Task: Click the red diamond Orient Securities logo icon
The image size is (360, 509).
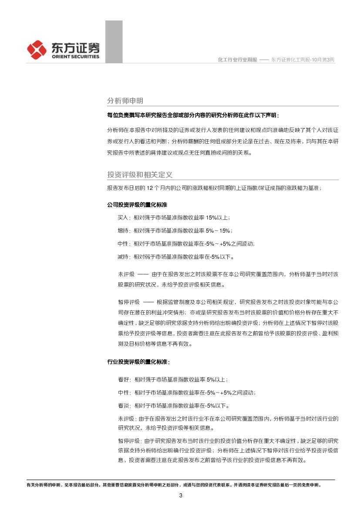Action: tap(37, 49)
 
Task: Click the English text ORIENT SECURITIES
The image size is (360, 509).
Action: tap(75, 57)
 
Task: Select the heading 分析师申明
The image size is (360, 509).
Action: tap(125, 101)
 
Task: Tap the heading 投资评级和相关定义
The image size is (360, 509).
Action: tap(140, 175)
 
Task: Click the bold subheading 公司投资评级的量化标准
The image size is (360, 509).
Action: tap(137, 204)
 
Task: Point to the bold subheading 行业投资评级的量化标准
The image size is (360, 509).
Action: tap(138, 362)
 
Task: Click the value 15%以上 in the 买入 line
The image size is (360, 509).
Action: tap(218, 217)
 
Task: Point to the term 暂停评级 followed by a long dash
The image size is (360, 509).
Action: tap(128, 302)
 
